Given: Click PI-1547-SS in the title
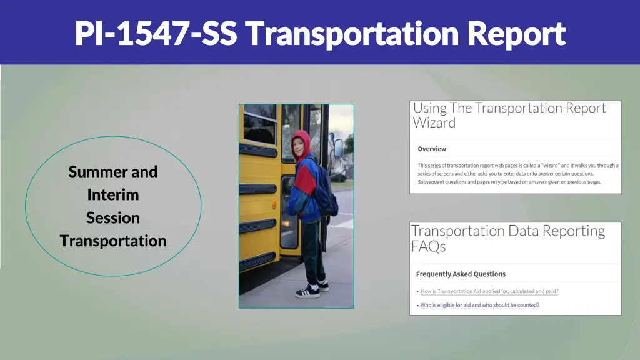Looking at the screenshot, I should [156, 34].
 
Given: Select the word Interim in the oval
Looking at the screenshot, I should [113, 194].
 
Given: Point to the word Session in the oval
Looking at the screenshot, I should [113, 217].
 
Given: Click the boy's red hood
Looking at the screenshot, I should [301, 141].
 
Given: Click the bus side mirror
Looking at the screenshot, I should [337, 148].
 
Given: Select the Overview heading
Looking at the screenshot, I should [432, 149].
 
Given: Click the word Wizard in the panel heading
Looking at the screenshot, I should [434, 123].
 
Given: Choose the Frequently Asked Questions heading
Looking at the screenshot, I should [461, 274].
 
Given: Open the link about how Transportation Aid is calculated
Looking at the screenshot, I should [489, 291].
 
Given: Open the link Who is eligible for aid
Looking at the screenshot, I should [479, 305].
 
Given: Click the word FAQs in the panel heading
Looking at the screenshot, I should [428, 247].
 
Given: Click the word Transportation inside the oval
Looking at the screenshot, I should [113, 241].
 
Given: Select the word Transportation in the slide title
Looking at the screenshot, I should [352, 34].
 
